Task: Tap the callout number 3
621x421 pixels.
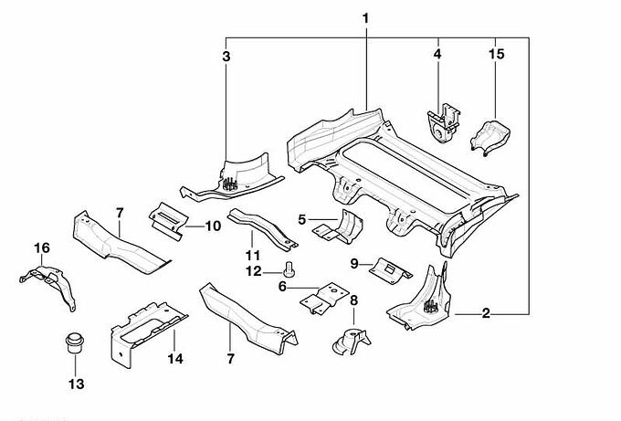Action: (x=226, y=57)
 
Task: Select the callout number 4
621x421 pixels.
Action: (x=437, y=55)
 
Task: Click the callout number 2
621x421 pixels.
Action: (x=487, y=314)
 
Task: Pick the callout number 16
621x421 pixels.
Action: (x=42, y=247)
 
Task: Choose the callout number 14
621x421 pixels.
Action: (x=175, y=359)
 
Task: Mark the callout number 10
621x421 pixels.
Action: (x=212, y=226)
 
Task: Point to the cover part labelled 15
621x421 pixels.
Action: (x=491, y=135)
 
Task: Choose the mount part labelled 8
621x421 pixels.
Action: (x=349, y=341)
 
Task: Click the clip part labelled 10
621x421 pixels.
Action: (x=167, y=216)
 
